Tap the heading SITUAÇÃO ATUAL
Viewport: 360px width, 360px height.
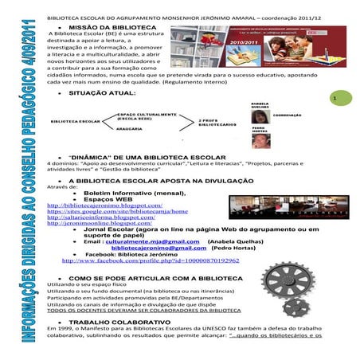[102, 94]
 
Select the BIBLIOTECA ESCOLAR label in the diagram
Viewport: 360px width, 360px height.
[76, 121]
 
